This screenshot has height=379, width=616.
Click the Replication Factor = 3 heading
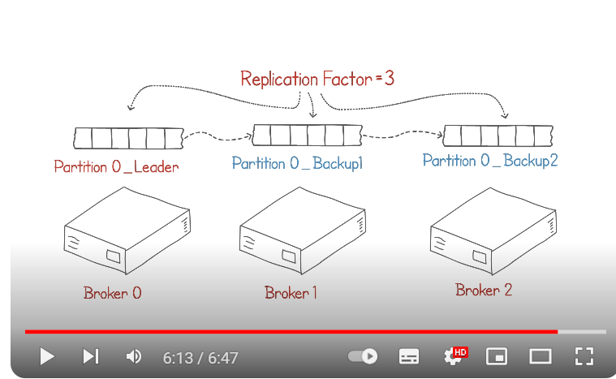[317, 79]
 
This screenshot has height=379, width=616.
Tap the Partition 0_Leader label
[116, 167]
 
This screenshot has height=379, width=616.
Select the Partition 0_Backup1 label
[297, 163]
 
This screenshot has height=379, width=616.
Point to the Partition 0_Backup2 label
[490, 160]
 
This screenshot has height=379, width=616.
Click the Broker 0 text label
[112, 292]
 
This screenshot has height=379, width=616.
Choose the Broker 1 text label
[291, 292]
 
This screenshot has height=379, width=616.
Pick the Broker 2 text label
[484, 289]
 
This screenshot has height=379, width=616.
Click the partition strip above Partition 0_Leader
[128, 137]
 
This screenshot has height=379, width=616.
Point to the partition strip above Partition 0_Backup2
[498, 134]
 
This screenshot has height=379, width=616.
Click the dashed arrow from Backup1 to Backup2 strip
[402, 133]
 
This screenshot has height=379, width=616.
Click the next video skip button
[91, 356]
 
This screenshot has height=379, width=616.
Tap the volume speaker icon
[134, 356]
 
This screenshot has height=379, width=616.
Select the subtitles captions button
[409, 356]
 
